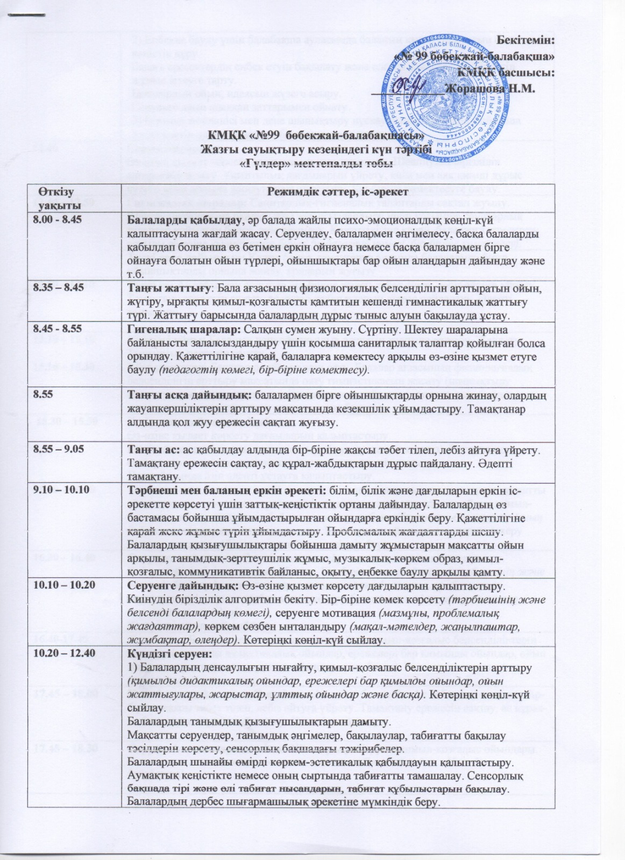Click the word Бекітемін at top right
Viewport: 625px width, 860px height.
[525, 39]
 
